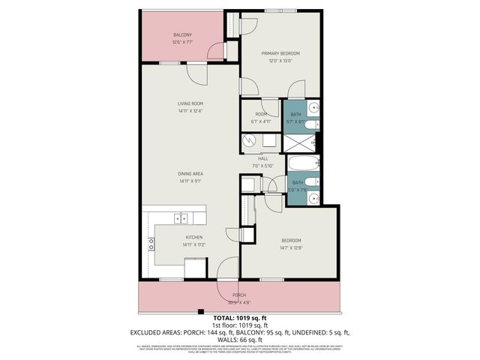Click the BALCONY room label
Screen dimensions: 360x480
tap(182, 35)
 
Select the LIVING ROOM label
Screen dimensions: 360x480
tap(190, 103)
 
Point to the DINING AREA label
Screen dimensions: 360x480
tap(190, 173)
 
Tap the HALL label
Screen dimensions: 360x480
tap(263, 158)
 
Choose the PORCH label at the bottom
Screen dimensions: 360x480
tap(239, 295)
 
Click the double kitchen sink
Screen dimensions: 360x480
tap(181, 218)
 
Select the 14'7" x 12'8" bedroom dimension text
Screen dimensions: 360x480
tap(292, 248)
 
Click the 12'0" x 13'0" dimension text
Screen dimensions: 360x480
tap(280, 61)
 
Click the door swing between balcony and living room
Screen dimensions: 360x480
tap(196, 73)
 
